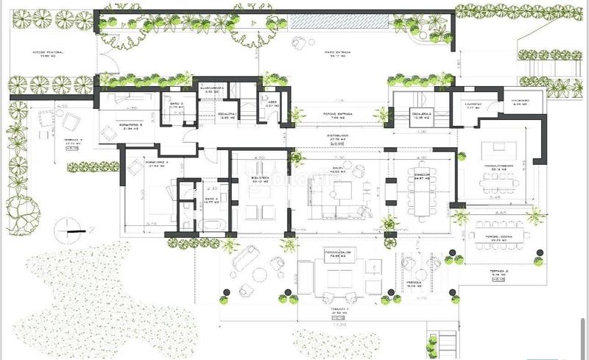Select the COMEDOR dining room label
point(422,175)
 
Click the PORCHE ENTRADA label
point(338,114)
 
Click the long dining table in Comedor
point(422,194)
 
